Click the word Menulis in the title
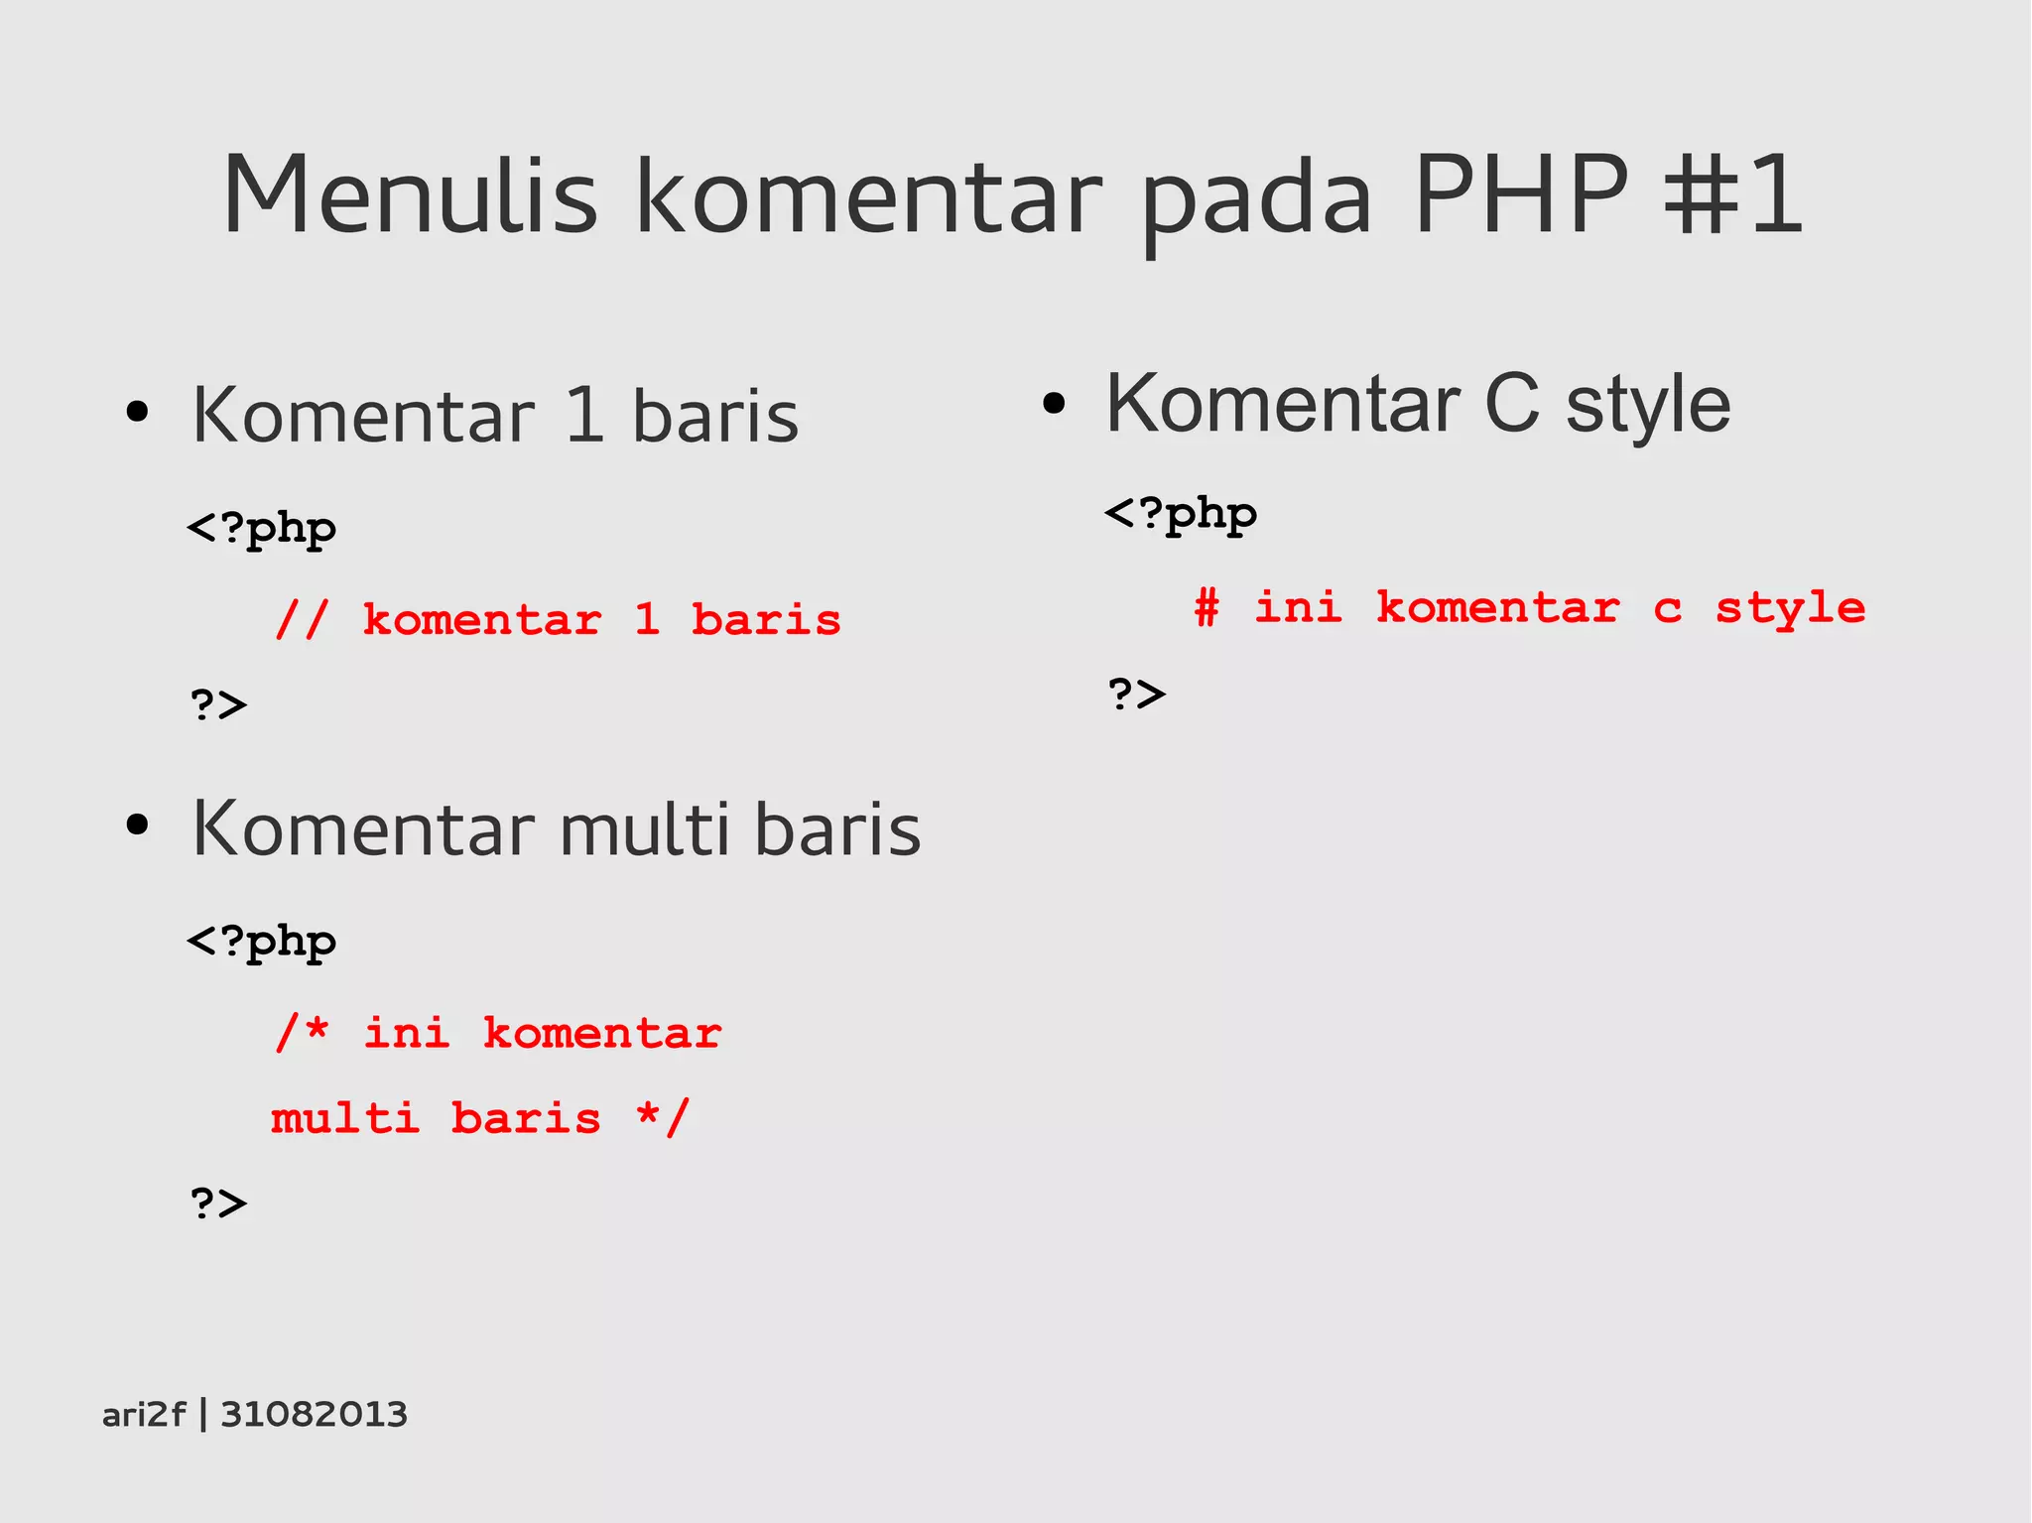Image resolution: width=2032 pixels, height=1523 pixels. tap(410, 195)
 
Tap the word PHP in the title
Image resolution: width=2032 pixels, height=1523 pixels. tap(1521, 195)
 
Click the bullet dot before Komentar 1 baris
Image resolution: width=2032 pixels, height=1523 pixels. tap(137, 412)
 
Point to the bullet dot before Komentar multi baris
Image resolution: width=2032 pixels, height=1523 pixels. tap(137, 825)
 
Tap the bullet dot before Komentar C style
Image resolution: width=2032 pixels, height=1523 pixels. tap(1054, 403)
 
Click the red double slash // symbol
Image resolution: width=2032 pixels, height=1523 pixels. tap(302, 620)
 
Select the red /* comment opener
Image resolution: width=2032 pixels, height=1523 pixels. tap(302, 1032)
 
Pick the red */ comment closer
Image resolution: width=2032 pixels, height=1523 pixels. tap(663, 1118)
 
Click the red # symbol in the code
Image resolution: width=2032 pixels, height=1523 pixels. tap(1206, 606)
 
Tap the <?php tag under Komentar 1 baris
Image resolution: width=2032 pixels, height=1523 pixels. tap(262, 528)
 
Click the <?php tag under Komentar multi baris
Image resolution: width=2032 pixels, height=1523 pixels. tap(262, 942)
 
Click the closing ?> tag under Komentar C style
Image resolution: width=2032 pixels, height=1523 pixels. tap(1137, 694)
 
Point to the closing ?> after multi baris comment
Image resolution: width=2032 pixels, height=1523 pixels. tap(218, 1203)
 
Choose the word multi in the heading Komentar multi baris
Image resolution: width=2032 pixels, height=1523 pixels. tap(644, 828)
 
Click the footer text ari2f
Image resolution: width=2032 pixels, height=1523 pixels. tap(144, 1414)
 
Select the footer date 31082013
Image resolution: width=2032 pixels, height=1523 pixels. tap(314, 1414)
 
